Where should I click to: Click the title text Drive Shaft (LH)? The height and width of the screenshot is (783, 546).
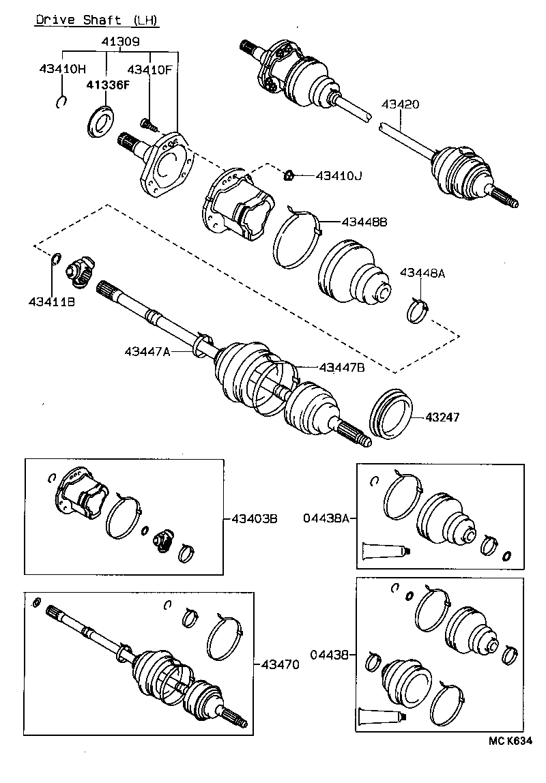pos(97,20)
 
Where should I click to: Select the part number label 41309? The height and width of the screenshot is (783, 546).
pos(121,42)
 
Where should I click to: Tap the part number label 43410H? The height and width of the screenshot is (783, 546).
pos(63,68)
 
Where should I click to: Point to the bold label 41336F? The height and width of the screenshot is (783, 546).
pos(106,85)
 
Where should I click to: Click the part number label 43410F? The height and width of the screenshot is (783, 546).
pos(150,68)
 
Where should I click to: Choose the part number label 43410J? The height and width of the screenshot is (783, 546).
pos(339,176)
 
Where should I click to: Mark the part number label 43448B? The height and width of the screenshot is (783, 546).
pos(364,222)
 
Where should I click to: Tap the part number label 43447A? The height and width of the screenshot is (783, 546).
pos(147,351)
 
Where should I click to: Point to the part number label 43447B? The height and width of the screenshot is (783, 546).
pos(342,368)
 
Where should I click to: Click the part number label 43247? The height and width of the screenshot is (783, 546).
pos(444,415)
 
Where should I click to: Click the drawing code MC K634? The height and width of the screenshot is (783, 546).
pos(509,741)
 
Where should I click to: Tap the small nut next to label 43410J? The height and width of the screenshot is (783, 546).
pos(289,175)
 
